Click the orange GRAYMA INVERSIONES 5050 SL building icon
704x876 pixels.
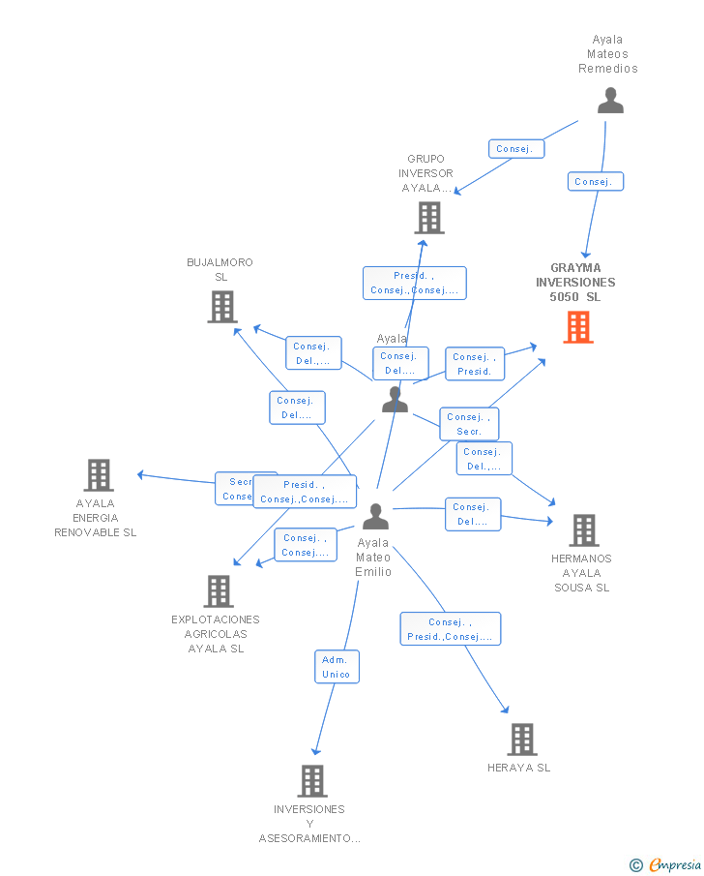pos(578,327)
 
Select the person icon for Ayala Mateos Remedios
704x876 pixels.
pos(610,101)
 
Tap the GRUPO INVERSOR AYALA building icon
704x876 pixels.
pos(429,218)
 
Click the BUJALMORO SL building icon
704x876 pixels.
pos(222,307)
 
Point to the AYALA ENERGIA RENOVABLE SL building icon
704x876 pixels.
pos(99,475)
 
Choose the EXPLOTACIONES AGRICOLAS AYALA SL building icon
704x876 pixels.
pos(219,591)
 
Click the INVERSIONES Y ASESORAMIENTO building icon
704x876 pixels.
pos(311,781)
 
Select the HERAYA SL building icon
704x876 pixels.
pos(522,740)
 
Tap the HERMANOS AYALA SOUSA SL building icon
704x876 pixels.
pos(583,530)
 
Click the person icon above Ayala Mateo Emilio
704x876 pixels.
pos(374,517)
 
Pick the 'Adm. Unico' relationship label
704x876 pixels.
pos(337,667)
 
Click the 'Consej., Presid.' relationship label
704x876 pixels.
pos(475,364)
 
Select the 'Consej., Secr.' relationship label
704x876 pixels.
pos(469,424)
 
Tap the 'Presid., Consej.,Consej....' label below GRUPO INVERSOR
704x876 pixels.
pos(414,283)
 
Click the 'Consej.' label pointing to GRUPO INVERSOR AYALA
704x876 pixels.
pos(515,149)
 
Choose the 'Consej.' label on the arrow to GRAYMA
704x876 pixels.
pos(594,182)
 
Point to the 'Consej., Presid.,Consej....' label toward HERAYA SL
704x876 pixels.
pos(451,629)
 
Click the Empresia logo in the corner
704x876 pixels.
pos(665,864)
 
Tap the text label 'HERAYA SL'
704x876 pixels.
pos(519,768)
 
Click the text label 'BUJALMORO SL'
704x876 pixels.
pos(220,270)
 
